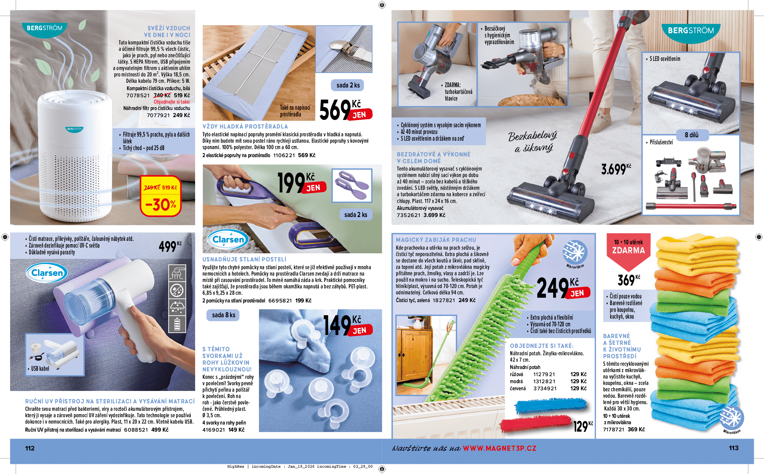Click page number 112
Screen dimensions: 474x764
pyautogui.click(x=30, y=448)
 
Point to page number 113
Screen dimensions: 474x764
pyautogui.click(x=733, y=448)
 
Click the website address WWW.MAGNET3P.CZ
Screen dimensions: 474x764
pyautogui.click(x=499, y=448)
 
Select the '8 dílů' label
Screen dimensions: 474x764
pyautogui.click(x=692, y=135)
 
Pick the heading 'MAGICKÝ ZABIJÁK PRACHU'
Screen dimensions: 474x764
pyautogui.click(x=436, y=240)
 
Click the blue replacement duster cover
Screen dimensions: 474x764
pyautogui.click(x=551, y=405)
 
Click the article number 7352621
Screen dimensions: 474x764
pyautogui.click(x=408, y=215)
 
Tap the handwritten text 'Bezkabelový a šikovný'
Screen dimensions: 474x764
pyautogui.click(x=533, y=141)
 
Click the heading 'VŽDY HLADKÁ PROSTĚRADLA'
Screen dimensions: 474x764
pyautogui.click(x=245, y=126)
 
